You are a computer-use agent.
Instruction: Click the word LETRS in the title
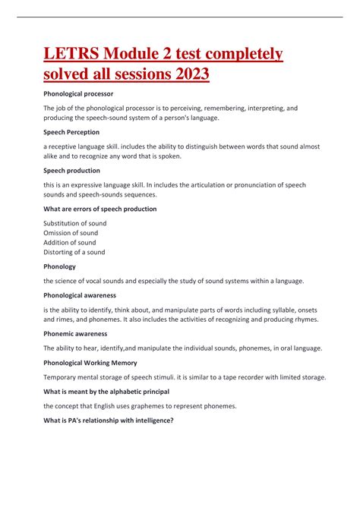(71, 55)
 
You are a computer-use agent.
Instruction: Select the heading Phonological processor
(78, 93)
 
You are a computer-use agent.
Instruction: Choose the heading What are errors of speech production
(100, 209)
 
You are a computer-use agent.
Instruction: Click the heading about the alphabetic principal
(106, 392)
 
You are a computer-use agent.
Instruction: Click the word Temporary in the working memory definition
(62, 377)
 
